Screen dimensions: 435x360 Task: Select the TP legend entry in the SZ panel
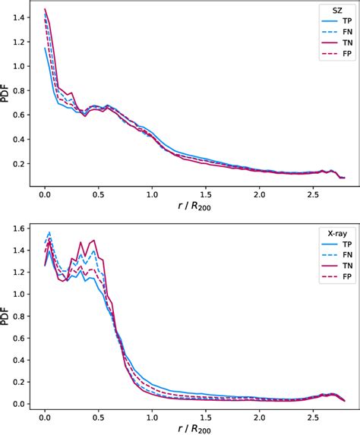[335, 27]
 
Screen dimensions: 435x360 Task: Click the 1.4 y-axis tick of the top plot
[26, 17]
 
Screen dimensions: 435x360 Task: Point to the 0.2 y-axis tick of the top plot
[26, 163]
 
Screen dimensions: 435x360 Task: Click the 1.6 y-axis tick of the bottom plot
[26, 228]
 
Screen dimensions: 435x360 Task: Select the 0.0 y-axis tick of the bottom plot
[26, 404]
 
